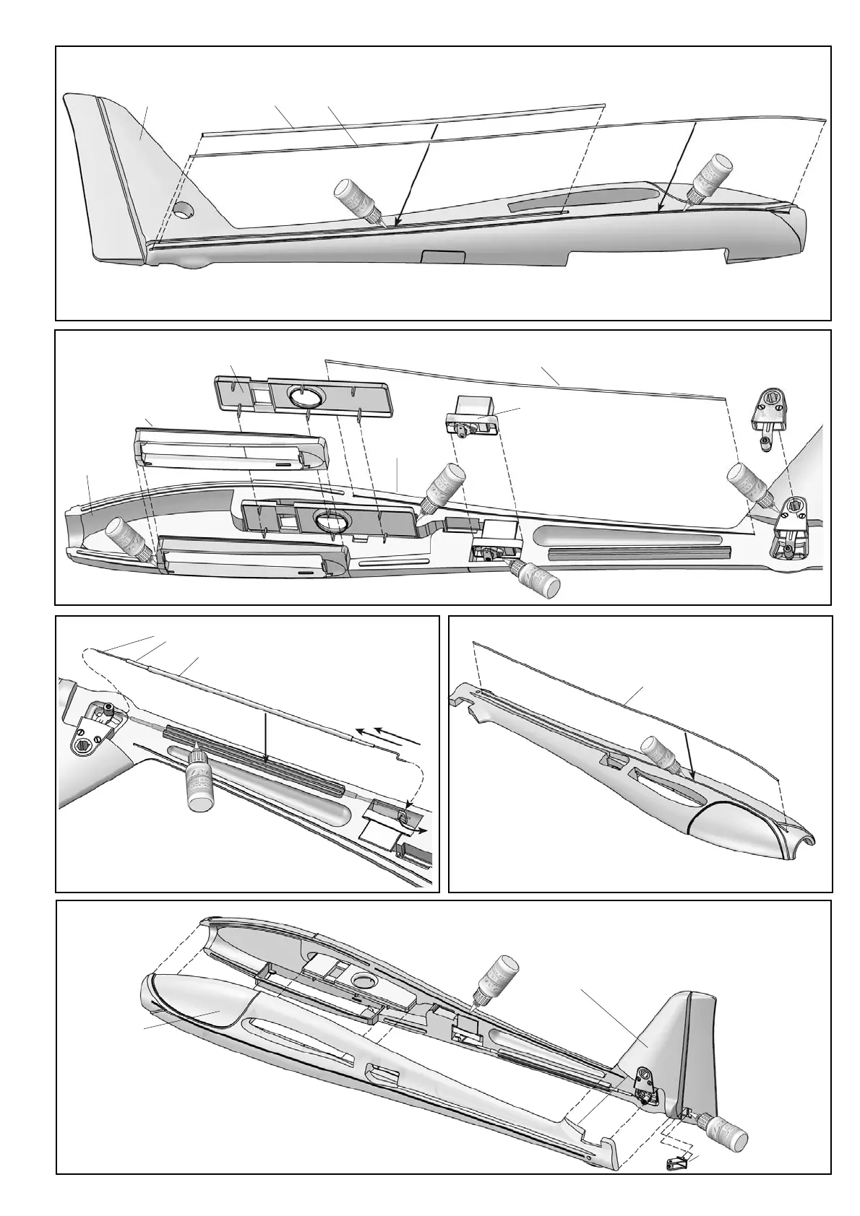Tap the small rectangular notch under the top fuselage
click(x=442, y=256)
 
